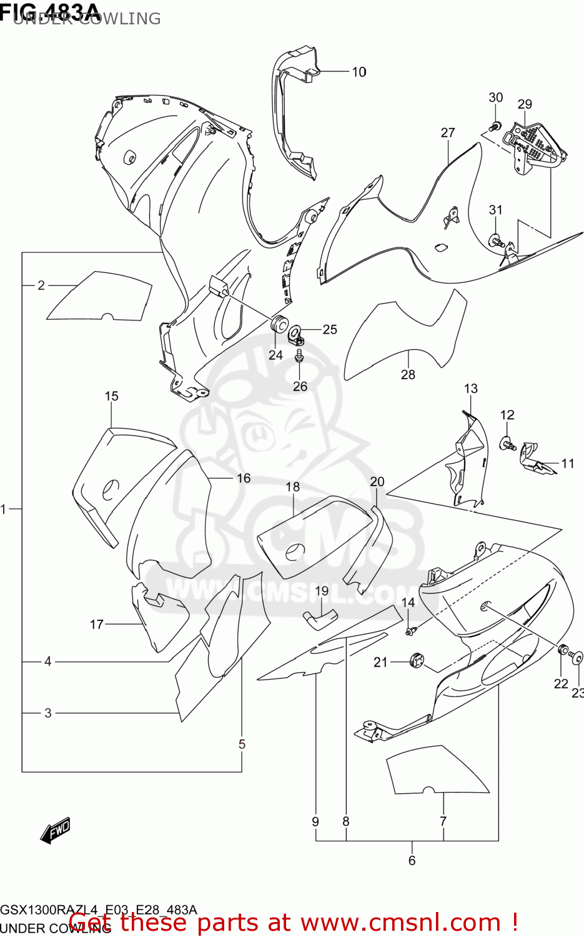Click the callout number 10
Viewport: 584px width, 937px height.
coord(359,72)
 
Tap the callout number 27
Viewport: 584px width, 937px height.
coord(448,132)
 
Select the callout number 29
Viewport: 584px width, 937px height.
coord(525,104)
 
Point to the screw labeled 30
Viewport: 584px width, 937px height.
coord(494,126)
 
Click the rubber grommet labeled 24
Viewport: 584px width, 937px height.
coord(278,325)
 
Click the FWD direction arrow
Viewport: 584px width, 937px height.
coord(55,830)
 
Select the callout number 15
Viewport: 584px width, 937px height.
coord(111,396)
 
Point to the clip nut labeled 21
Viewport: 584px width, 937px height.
coord(415,659)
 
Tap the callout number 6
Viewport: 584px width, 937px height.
coord(412,860)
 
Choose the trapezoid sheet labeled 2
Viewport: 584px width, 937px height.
coord(100,297)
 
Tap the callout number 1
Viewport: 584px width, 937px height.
coord(4,509)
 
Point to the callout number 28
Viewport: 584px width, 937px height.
coord(408,374)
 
